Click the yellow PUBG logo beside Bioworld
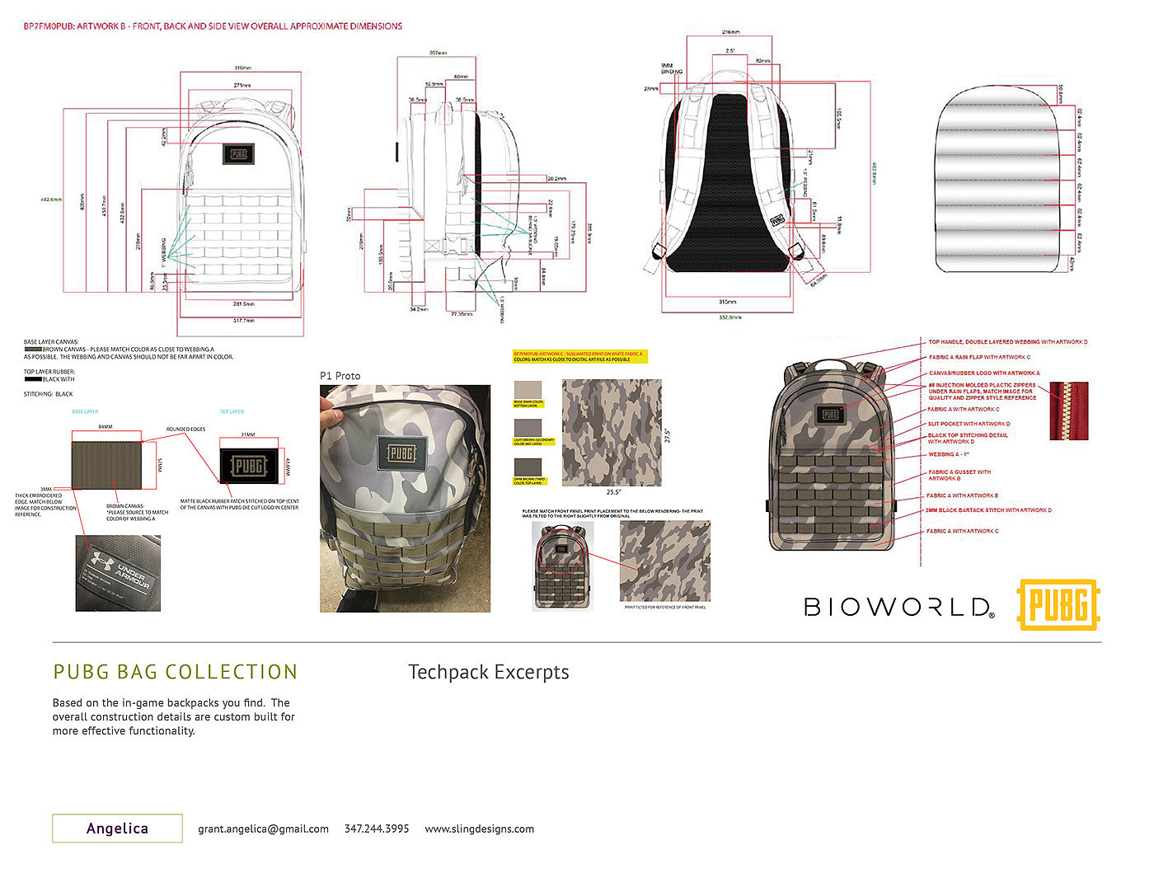1059,605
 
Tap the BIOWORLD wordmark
898,608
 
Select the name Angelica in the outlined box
117,829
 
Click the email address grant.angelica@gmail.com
263,829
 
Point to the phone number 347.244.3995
377,829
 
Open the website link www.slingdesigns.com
479,829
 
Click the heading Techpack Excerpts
488,672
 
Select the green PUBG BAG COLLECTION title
175,672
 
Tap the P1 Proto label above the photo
340,376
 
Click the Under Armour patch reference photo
118,573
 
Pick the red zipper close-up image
1068,411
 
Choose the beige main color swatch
528,390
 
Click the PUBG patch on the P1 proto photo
401,453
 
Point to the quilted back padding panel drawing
994,179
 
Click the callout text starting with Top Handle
1007,342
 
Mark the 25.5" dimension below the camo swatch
612,492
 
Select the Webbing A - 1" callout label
949,454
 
